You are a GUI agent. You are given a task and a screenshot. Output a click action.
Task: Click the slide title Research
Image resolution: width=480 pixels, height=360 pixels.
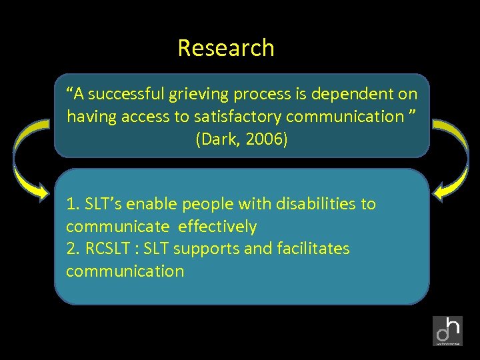(x=226, y=48)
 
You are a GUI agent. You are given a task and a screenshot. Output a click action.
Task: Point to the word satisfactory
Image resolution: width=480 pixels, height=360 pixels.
(x=242, y=117)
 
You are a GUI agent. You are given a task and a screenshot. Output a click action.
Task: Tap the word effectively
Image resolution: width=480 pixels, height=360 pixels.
(x=217, y=227)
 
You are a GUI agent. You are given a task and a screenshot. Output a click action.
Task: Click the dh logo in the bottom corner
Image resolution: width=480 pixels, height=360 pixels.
(x=447, y=331)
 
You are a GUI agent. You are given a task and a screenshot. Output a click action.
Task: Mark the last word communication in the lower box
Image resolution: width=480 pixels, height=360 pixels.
(x=125, y=271)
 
